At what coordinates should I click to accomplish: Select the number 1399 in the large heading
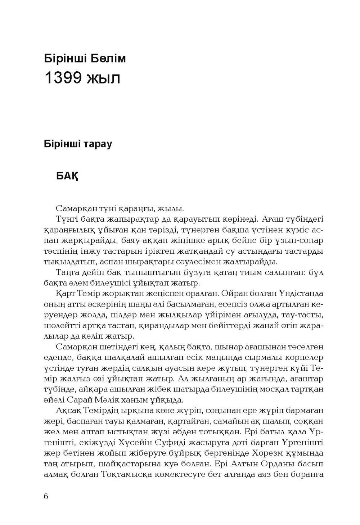pyautogui.click(x=62, y=78)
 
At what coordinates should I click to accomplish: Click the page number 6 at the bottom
pyautogui.click(x=46, y=496)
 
